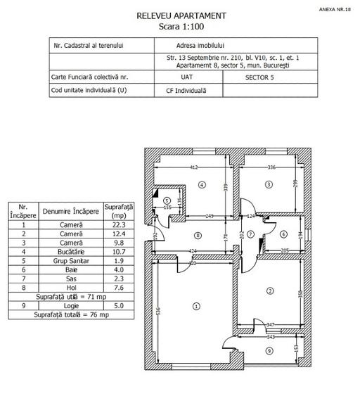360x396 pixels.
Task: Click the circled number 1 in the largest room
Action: pyautogui.click(x=196, y=306)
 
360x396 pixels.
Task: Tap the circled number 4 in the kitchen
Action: pyautogui.click(x=201, y=185)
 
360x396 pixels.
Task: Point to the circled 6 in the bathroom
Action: pyautogui.click(x=283, y=234)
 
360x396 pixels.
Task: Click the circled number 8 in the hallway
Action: pyautogui.click(x=198, y=236)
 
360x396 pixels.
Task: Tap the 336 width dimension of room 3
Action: pyautogui.click(x=271, y=167)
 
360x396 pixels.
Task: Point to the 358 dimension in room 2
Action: pyautogui.click(x=301, y=293)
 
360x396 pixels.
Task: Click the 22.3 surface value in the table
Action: pyautogui.click(x=117, y=224)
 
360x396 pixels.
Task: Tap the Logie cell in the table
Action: pyautogui.click(x=72, y=306)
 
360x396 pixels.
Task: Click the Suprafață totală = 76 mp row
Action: pyautogui.click(x=72, y=315)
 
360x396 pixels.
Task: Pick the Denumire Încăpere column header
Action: pyautogui.click(x=72, y=211)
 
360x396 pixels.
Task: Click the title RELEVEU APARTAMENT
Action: pyautogui.click(x=181, y=15)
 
